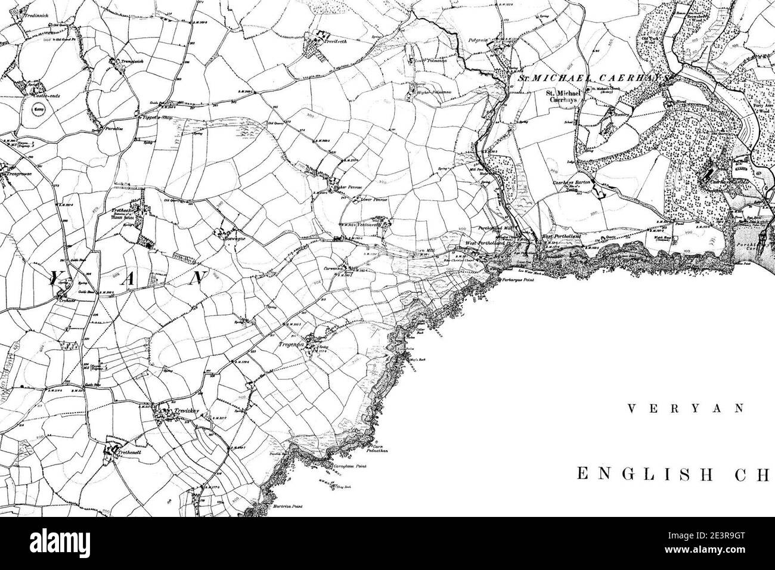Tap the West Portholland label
pos(488,244)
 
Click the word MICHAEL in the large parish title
pos(563,78)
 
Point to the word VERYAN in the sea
pos(686,409)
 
